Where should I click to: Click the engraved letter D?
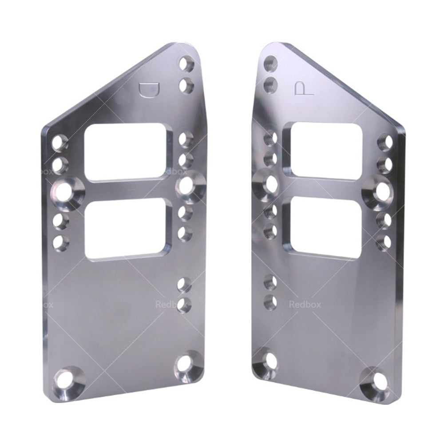(148, 88)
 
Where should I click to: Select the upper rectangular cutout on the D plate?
(128, 152)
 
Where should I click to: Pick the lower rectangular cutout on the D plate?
(128, 230)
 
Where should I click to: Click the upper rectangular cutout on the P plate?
(323, 151)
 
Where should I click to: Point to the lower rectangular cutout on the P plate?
(323, 228)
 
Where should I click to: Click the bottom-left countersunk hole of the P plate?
(265, 364)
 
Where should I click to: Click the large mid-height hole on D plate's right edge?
(188, 187)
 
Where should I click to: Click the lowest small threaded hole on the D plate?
(184, 304)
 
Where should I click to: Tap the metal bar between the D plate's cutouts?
(128, 191)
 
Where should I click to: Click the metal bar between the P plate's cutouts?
(323, 189)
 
